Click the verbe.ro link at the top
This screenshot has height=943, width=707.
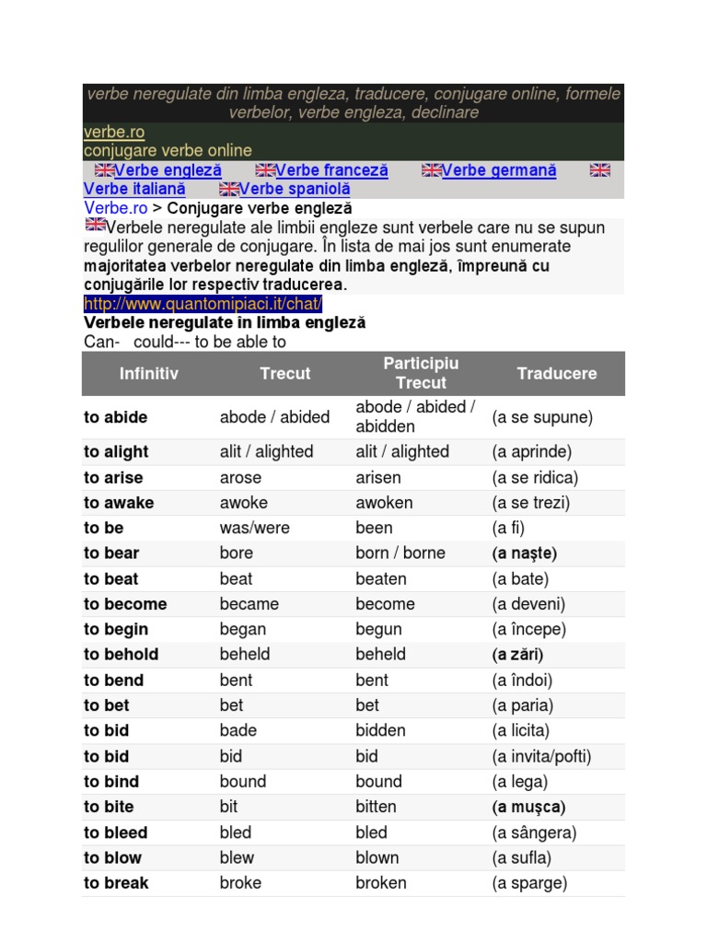113,133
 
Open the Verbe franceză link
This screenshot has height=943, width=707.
331,170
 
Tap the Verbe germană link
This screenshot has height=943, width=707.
499,170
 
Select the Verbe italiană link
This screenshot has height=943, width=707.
134,189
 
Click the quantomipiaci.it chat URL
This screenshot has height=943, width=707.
203,304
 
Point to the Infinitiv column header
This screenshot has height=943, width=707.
149,374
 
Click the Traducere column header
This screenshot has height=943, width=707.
557,374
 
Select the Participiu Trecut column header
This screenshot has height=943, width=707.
421,374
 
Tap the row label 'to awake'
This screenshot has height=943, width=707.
119,503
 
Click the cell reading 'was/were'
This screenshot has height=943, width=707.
254,529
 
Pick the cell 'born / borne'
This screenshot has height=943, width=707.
400,553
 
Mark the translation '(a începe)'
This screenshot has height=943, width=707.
529,630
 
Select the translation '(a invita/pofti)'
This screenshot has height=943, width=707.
541,757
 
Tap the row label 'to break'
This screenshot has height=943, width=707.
116,883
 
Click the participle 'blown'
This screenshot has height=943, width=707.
377,857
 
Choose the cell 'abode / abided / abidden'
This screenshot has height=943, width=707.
415,417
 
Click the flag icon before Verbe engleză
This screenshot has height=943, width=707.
104,170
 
